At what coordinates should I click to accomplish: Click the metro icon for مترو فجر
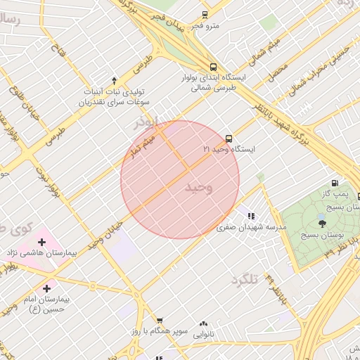(x=205, y=14)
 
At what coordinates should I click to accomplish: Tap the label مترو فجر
(x=207, y=26)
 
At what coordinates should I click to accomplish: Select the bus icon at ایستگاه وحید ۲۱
(x=229, y=139)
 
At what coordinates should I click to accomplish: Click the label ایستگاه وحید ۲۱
(x=229, y=150)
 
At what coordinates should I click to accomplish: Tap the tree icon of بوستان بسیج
(x=323, y=223)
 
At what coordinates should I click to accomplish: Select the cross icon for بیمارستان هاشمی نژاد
(x=42, y=242)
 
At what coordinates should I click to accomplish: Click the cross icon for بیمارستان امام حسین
(x=47, y=288)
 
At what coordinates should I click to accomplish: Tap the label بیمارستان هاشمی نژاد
(x=41, y=252)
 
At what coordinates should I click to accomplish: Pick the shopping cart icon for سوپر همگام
(x=160, y=321)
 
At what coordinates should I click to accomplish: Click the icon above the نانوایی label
(x=203, y=324)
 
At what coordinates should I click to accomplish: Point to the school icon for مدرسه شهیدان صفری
(x=251, y=216)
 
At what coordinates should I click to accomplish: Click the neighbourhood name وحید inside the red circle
(x=198, y=188)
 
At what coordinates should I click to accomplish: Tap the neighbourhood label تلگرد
(x=245, y=279)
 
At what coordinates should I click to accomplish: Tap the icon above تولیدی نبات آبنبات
(x=115, y=80)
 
